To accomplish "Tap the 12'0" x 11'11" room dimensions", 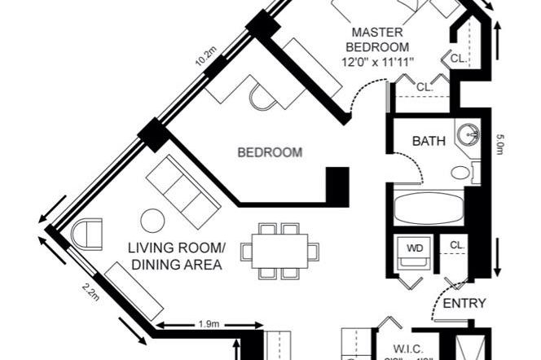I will (x=380, y=61).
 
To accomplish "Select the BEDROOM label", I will (x=270, y=152).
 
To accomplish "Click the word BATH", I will (x=429, y=141).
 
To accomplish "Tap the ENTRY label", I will (x=464, y=303).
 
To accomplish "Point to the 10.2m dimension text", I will (x=205, y=58).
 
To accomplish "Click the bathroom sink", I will (x=468, y=135).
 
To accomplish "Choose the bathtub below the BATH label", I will (x=429, y=208).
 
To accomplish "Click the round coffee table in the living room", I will (x=152, y=220).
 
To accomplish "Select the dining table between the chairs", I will (x=279, y=251).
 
